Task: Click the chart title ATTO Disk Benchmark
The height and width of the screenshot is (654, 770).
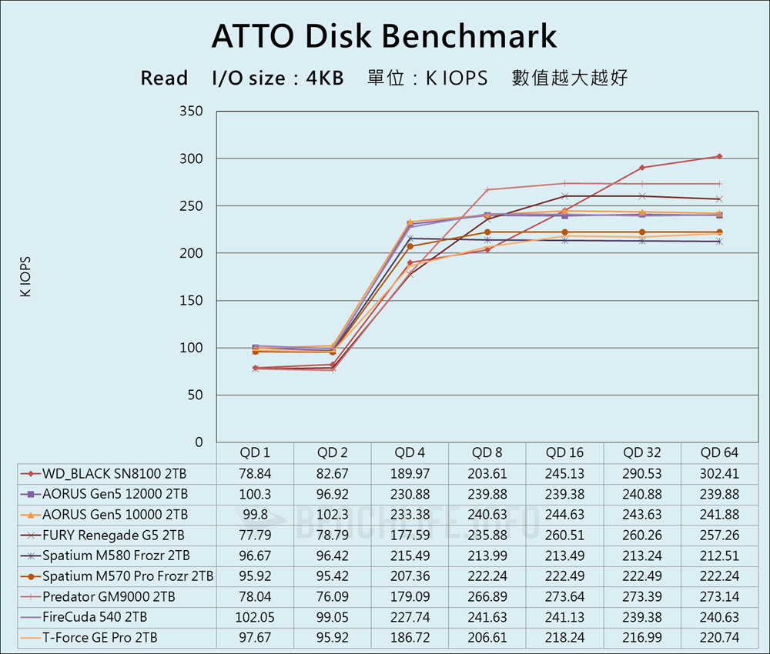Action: (x=383, y=36)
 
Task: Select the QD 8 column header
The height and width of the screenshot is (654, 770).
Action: (x=487, y=452)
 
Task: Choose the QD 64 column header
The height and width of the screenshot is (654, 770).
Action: (x=719, y=452)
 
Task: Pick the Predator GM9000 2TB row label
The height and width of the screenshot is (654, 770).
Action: (x=109, y=596)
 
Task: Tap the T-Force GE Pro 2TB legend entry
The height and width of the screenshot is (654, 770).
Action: (x=100, y=638)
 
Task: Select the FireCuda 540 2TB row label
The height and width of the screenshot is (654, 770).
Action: (x=95, y=617)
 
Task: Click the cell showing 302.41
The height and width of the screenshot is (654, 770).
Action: (x=719, y=473)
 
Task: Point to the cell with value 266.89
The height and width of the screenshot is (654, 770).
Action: (x=487, y=596)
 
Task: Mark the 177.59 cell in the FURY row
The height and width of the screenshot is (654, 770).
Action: (x=410, y=535)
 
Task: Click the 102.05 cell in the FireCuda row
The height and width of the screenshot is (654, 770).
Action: (x=255, y=617)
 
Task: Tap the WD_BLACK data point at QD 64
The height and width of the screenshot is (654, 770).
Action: (x=719, y=156)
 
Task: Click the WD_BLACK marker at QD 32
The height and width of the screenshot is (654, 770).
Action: (x=642, y=168)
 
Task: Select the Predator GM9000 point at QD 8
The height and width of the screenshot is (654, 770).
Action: (x=487, y=190)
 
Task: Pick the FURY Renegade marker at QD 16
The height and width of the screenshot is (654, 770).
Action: (x=564, y=196)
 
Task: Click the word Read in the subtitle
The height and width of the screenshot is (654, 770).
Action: (x=164, y=78)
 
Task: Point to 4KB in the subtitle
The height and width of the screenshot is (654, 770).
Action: (x=324, y=78)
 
